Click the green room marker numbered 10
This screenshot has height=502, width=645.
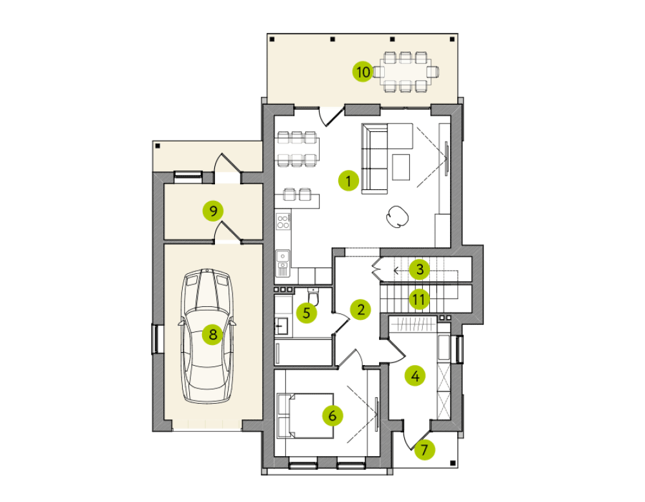tap(363, 72)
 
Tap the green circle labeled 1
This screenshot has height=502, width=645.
tap(349, 181)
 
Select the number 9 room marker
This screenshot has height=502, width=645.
tap(213, 211)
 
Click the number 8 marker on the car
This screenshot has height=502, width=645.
tap(212, 334)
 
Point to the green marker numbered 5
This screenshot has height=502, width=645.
tap(307, 313)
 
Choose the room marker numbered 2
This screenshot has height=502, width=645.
tap(361, 309)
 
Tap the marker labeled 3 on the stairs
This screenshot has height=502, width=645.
tap(420, 269)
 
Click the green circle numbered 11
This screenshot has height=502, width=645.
tap(419, 299)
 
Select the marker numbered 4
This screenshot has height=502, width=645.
tap(415, 375)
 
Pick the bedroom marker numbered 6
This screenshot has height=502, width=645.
tap(333, 415)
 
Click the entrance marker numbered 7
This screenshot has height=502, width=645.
tap(425, 450)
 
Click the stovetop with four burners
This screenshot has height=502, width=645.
tap(283, 222)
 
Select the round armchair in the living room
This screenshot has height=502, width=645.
tap(397, 216)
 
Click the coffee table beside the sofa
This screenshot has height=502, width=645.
tap(401, 167)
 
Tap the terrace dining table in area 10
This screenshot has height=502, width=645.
tap(405, 72)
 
